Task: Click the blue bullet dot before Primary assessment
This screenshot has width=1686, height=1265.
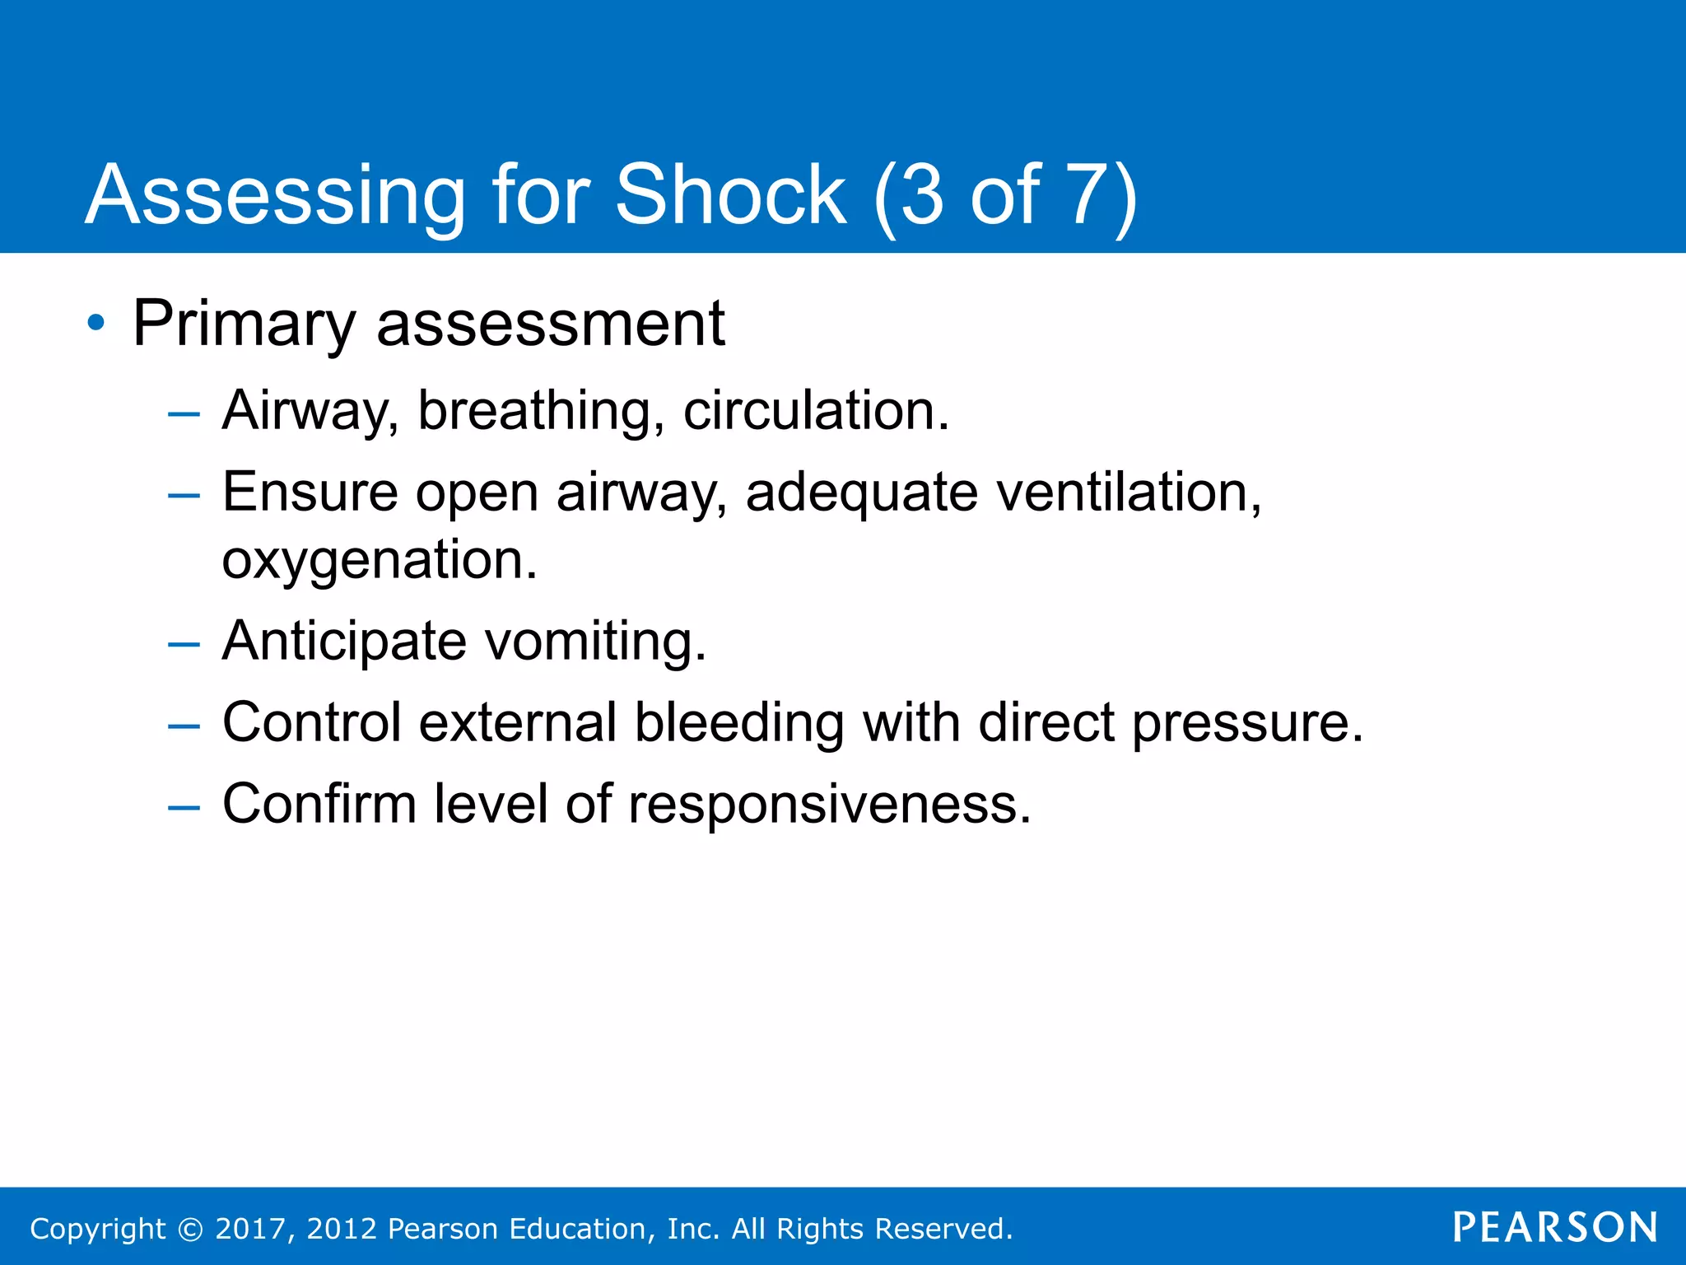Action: [96, 323]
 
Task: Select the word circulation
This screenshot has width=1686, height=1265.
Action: [815, 410]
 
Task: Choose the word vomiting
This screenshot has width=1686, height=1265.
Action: [594, 642]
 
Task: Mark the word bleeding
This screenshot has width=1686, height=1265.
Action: [738, 723]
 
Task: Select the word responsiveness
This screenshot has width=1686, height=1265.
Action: [829, 804]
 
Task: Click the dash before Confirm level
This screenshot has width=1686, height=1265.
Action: [184, 807]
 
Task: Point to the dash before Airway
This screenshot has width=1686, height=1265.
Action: [184, 413]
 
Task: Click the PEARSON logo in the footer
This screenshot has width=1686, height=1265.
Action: [1554, 1227]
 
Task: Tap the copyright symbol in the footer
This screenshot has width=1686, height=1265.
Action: [191, 1229]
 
